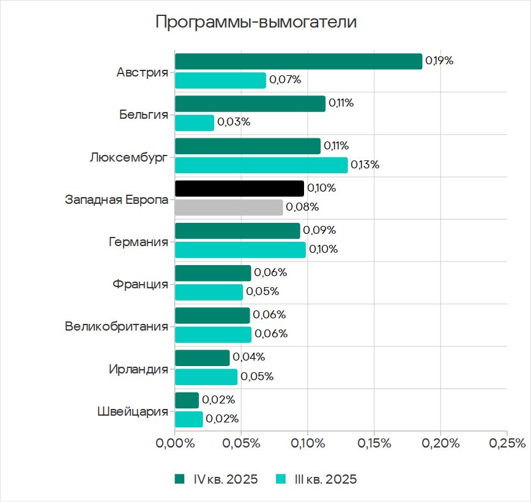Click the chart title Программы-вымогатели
click(256, 23)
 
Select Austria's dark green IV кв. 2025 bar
click(299, 61)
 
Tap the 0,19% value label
click(439, 61)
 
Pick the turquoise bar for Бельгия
click(195, 122)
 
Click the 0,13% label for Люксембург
click(365, 165)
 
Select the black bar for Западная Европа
click(239, 188)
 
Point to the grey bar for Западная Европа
click(229, 208)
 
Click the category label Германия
click(138, 242)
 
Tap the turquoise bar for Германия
click(240, 250)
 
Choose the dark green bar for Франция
click(213, 273)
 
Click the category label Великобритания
click(116, 326)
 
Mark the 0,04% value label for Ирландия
click(248, 358)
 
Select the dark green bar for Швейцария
click(187, 400)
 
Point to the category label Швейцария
click(132, 411)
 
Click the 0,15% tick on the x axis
click(374, 443)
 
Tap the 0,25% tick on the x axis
click(507, 443)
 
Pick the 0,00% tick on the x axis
click(175, 443)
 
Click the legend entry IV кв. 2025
click(225, 479)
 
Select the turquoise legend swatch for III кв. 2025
click(282, 479)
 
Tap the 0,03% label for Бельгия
click(234, 122)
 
